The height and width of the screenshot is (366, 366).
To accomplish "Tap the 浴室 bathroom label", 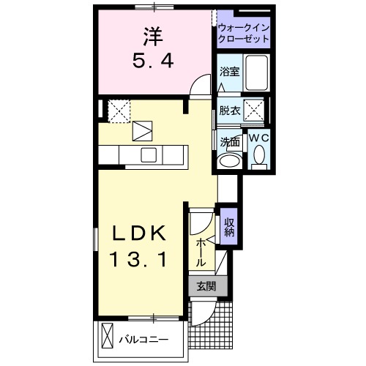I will tap(229, 71).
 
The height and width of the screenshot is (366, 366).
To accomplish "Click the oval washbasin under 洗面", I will tap(229, 161).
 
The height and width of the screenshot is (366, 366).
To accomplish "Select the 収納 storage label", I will tap(229, 227).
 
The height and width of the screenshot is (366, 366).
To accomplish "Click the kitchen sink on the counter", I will tap(149, 154).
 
